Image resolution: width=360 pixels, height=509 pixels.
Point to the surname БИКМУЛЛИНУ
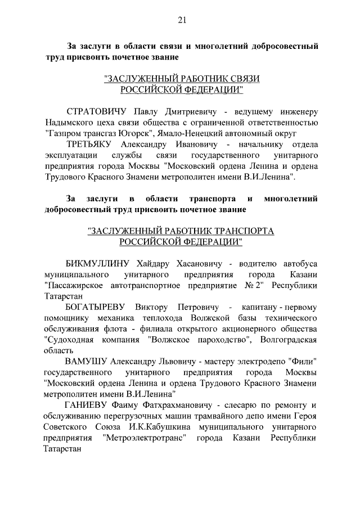(x=98, y=263)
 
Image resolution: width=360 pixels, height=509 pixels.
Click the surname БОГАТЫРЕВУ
(x=97, y=307)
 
